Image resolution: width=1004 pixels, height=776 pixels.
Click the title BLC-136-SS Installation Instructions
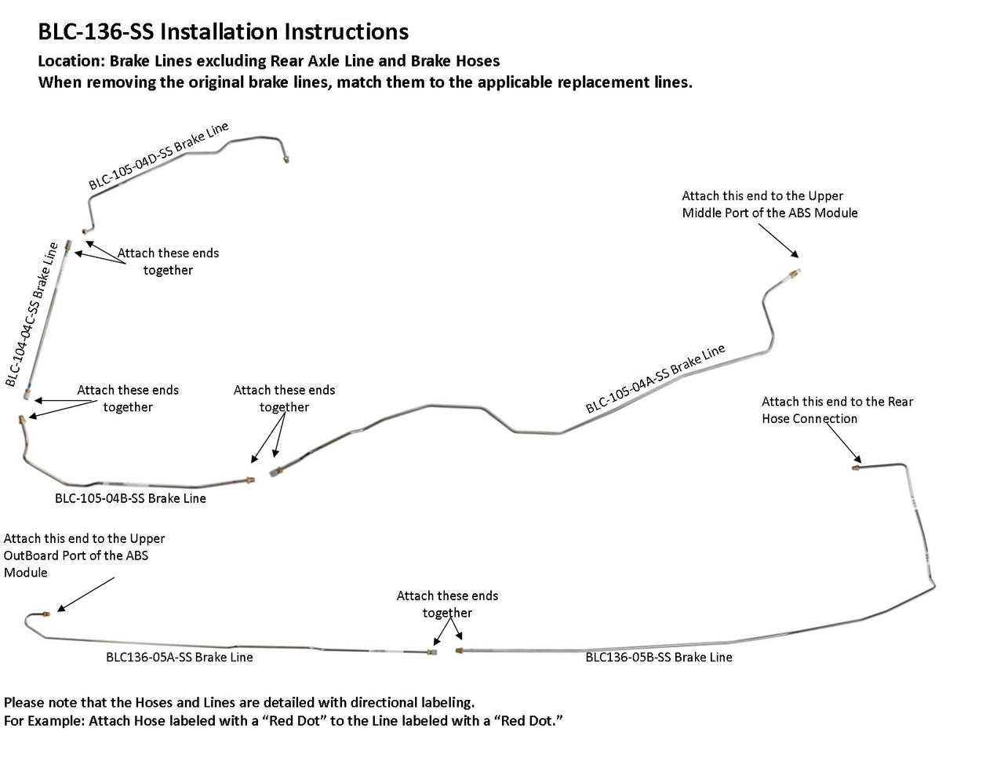223,31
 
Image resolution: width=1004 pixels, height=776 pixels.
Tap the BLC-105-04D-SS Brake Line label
158,157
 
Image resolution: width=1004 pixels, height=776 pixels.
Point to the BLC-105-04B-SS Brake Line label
130,498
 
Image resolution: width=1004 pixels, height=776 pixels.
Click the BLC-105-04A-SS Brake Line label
655,379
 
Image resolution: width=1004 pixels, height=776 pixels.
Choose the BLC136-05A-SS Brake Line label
179,658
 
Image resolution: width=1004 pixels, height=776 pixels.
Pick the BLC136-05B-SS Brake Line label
659,658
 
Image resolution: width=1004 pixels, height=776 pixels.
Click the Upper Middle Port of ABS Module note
769,204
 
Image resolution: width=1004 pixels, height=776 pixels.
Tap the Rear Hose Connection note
837,410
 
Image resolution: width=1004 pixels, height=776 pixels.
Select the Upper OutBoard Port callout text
84,556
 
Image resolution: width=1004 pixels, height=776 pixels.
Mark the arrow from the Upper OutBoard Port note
85,595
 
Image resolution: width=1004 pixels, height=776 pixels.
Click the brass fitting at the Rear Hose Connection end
856,468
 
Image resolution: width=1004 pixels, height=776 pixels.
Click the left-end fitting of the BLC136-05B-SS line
459,650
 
